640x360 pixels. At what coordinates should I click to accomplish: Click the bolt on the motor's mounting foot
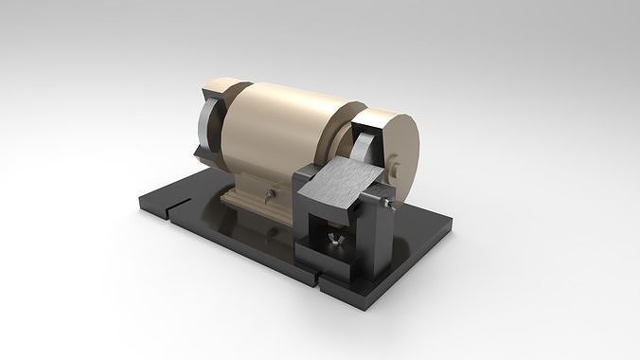click(270, 196)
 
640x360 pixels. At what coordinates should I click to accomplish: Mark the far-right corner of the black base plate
click(450, 222)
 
